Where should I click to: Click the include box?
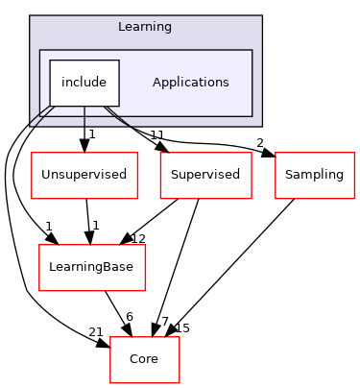tap(84, 83)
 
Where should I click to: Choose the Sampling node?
tap(315, 175)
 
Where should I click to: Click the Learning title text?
tap(144, 27)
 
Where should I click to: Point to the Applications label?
tap(190, 83)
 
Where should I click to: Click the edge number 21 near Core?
tap(96, 331)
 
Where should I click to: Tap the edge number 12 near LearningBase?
tap(138, 238)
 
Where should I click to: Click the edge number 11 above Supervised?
tap(157, 134)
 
